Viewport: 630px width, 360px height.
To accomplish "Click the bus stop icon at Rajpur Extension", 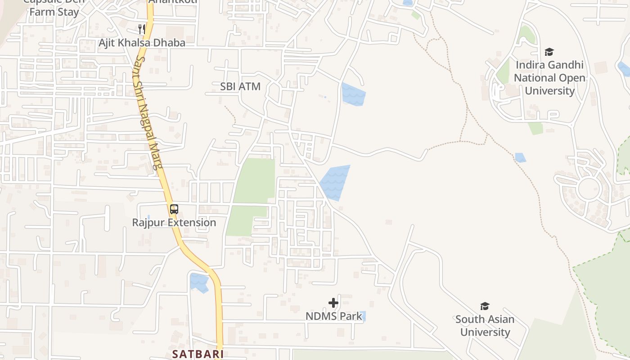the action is pyautogui.click(x=174, y=209).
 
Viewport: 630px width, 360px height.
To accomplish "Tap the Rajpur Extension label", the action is pyautogui.click(x=174, y=223).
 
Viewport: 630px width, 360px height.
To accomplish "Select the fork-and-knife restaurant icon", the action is pyautogui.click(x=141, y=29).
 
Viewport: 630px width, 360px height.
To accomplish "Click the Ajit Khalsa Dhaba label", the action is pyautogui.click(x=142, y=43).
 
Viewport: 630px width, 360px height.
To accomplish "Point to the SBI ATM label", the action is pyautogui.click(x=240, y=86).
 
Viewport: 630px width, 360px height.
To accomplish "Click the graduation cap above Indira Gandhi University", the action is pyautogui.click(x=549, y=52).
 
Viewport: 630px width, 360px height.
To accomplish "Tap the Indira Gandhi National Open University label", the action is pyautogui.click(x=549, y=78).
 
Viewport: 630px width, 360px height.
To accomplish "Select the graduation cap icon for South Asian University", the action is pyautogui.click(x=485, y=306).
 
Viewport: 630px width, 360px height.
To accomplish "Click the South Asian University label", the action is pyautogui.click(x=485, y=326).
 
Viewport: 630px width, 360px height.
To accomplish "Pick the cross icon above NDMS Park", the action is pyautogui.click(x=333, y=303).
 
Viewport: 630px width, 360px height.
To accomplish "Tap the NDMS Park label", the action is pyautogui.click(x=333, y=316).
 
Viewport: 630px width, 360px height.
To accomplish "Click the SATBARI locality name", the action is pyautogui.click(x=198, y=354).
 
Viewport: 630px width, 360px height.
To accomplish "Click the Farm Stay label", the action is pyautogui.click(x=54, y=12).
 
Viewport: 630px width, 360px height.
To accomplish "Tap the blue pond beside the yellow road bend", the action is pyautogui.click(x=199, y=282).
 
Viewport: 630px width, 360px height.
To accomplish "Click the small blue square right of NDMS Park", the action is pyautogui.click(x=363, y=316).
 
